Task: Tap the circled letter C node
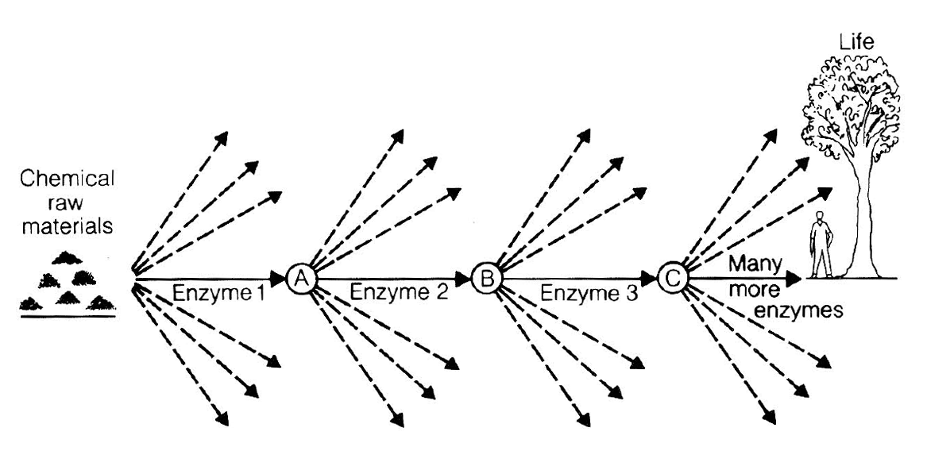672,278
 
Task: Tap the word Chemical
68,180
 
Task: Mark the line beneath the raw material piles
68,317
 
